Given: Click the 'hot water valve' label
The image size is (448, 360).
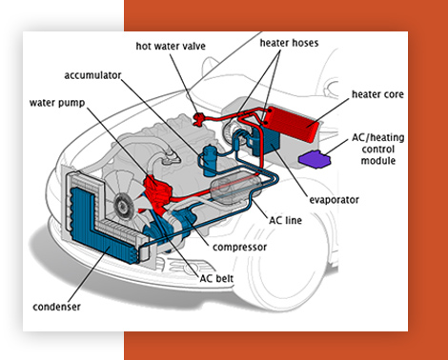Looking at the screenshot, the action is click(171, 47).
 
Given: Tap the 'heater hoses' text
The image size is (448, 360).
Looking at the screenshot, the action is click(289, 43).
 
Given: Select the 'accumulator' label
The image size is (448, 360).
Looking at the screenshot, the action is click(92, 75).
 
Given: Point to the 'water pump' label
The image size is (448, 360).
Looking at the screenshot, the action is click(57, 103).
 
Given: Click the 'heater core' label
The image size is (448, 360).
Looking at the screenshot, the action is click(377, 94).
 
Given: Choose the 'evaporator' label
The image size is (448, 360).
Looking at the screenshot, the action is click(334, 200).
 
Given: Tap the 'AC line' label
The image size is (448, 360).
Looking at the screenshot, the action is click(285, 220).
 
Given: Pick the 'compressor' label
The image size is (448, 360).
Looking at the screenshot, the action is click(239, 248).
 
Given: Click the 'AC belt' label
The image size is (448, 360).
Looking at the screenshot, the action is click(216, 279).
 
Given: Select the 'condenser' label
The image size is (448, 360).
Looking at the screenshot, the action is click(56, 307).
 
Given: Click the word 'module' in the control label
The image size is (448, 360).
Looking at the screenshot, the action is click(378, 161).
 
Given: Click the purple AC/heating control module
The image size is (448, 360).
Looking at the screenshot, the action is click(315, 159).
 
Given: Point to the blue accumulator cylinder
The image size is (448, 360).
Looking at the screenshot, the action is click(209, 160).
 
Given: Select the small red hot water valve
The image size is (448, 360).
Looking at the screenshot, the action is click(199, 119).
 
